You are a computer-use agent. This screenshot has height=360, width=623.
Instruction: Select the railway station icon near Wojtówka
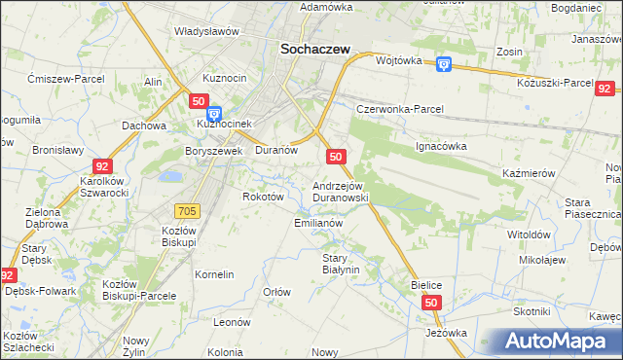coord(444,63)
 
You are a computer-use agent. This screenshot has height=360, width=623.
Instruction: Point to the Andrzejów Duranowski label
coord(340,191)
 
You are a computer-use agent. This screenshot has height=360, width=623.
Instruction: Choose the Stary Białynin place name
coord(341,264)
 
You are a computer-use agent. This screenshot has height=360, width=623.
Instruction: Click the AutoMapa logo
coord(559,342)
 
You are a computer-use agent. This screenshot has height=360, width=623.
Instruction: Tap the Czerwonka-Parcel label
coord(400,109)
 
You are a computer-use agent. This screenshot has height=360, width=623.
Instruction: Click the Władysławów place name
coord(206,31)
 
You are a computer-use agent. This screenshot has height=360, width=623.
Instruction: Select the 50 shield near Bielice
coord(432,304)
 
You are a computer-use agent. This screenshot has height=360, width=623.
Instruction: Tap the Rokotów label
coord(263,196)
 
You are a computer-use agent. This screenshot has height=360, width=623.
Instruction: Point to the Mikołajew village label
coord(542,261)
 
